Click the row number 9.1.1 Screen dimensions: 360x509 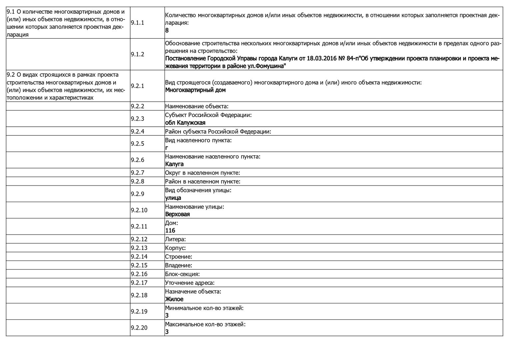(x=137, y=23)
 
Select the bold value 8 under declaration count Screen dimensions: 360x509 (x=167, y=30)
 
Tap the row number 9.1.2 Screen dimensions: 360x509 (x=137, y=54)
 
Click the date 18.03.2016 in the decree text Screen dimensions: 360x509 (x=320, y=59)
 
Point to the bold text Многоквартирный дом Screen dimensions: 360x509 (x=195, y=90)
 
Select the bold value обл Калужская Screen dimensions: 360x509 (x=185, y=123)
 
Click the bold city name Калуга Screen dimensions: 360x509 (x=174, y=164)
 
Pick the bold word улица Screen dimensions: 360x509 (x=173, y=198)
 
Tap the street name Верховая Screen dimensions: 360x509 (x=177, y=214)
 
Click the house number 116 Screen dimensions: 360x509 (x=170, y=230)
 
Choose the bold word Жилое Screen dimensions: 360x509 (x=174, y=299)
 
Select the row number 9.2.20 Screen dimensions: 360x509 (x=139, y=328)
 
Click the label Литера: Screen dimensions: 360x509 (x=175, y=239)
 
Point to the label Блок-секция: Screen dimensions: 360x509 (x=182, y=274)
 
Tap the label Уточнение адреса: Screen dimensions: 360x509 (x=190, y=283)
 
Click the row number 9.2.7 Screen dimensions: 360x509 (x=137, y=173)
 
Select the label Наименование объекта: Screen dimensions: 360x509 (x=197, y=106)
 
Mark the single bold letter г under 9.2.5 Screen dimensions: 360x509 (x=167, y=148)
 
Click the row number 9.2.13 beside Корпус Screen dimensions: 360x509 (x=139, y=248)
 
